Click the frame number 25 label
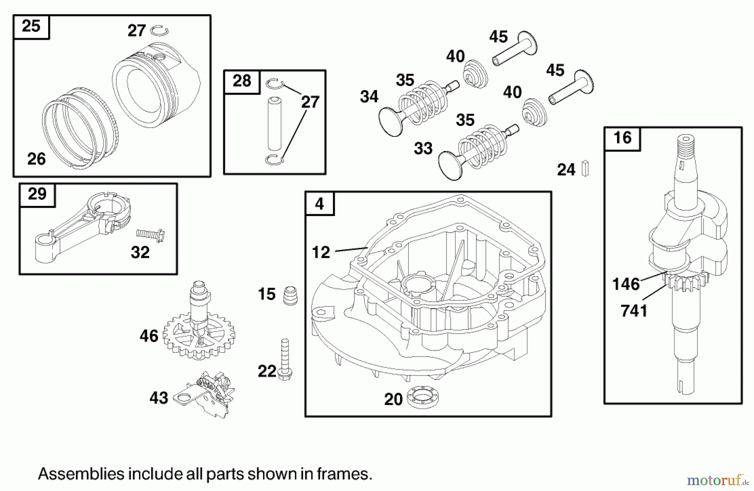click(31, 26)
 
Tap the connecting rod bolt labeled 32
click(150, 235)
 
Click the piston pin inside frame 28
click(274, 124)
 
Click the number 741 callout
click(634, 311)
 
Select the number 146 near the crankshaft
click(626, 284)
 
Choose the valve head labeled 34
click(390, 121)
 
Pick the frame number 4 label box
click(320, 204)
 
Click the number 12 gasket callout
click(321, 252)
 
